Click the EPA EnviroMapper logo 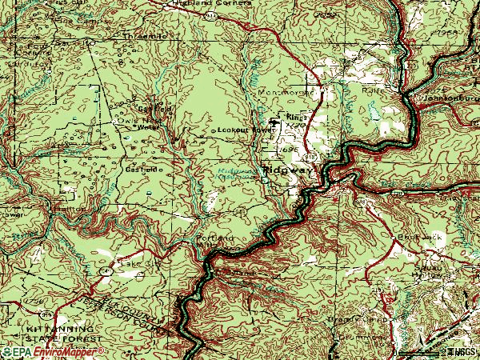[52, 351]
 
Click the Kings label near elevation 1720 [294, 118]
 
